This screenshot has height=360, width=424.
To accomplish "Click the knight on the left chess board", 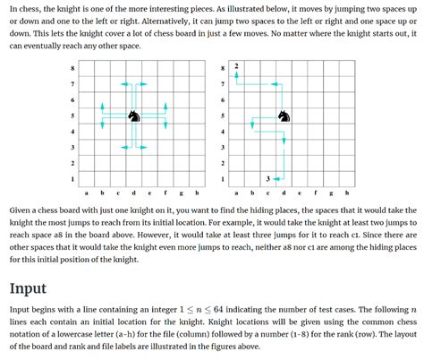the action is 133,116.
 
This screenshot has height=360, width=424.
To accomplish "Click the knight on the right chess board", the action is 284,116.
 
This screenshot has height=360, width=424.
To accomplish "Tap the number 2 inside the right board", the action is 236,67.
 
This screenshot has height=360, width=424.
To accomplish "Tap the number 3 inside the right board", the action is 268,179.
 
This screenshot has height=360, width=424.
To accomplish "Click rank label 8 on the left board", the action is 72,69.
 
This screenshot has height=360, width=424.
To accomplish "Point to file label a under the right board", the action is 237,193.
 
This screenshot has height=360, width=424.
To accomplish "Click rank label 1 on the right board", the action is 223,179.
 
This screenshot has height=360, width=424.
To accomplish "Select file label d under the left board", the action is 133,193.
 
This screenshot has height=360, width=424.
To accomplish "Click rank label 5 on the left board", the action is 72,116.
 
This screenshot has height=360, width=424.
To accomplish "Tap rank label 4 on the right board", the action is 223,132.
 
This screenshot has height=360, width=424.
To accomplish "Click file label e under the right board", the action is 300,193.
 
